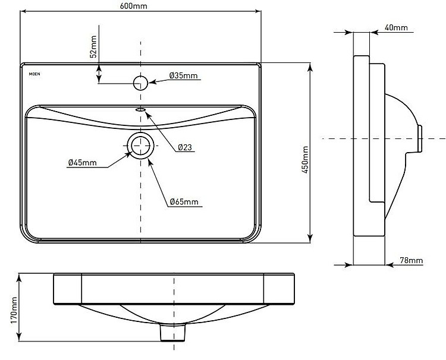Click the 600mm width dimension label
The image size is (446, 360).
pyautogui.click(x=133, y=5)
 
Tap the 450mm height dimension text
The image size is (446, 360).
pyautogui.click(x=304, y=159)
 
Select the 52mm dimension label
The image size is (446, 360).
pyautogui.click(x=93, y=46)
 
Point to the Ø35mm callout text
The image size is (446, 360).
pyautogui.click(x=183, y=75)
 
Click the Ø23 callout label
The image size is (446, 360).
pyautogui.click(x=185, y=147)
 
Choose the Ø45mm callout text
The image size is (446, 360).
pyautogui.click(x=83, y=163)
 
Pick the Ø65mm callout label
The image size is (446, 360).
pyautogui.click(x=184, y=202)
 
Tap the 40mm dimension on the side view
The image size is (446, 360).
pyautogui.click(x=396, y=27)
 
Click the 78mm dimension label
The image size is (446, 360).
pyautogui.click(x=412, y=260)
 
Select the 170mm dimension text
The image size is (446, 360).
pyautogui.click(x=14, y=310)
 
